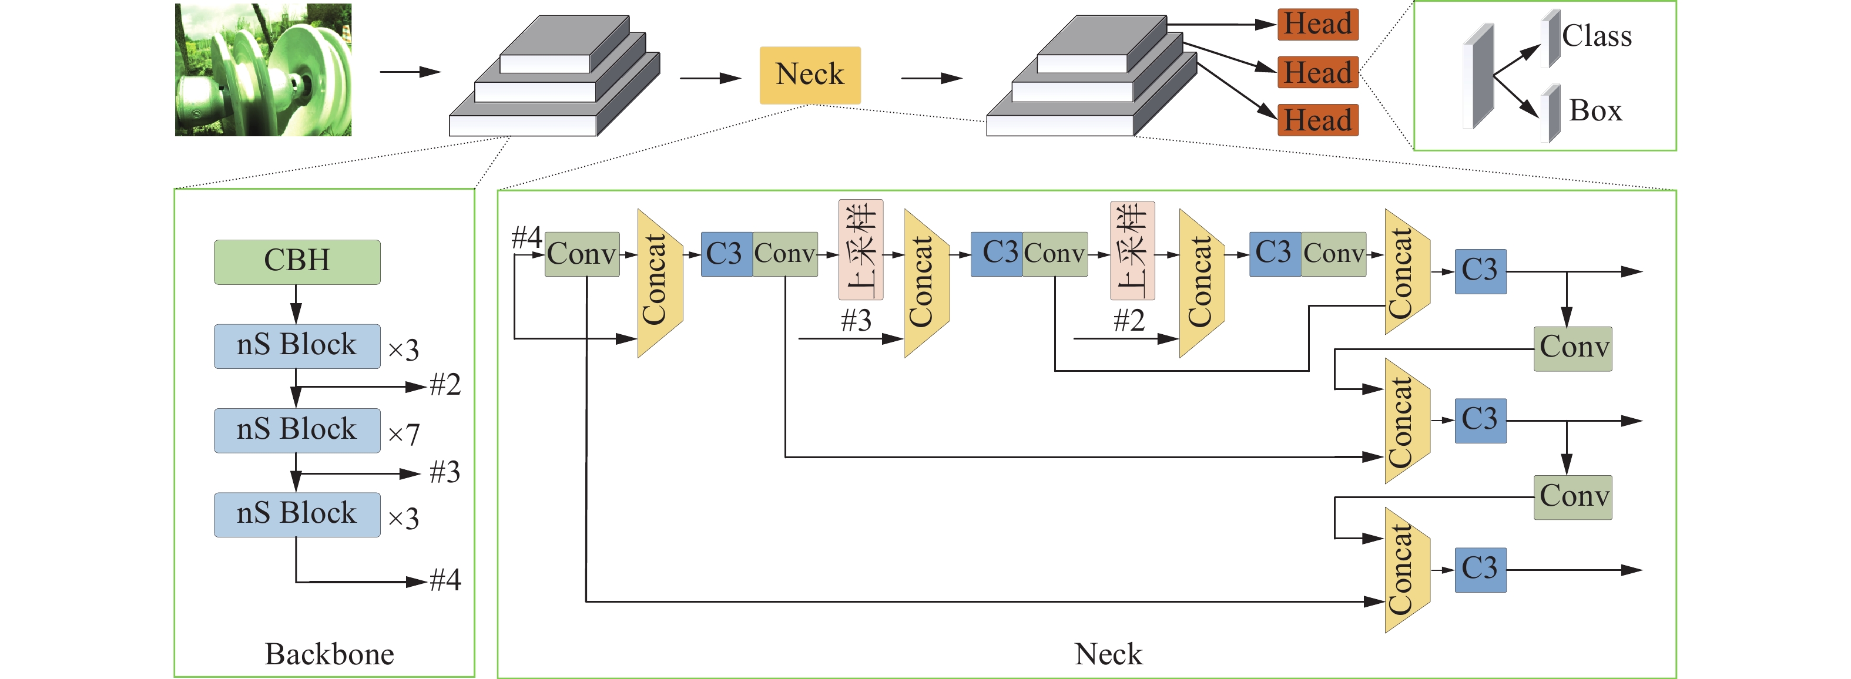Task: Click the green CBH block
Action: [x=297, y=261]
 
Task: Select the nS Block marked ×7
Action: [x=297, y=430]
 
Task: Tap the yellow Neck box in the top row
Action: [x=810, y=75]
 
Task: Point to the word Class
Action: [x=1597, y=36]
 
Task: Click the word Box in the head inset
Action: [x=1595, y=110]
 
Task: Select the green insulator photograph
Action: [x=263, y=70]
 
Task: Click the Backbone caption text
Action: [x=329, y=654]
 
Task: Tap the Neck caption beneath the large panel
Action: [x=1108, y=654]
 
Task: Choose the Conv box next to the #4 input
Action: [x=582, y=254]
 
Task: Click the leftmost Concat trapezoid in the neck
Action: [x=659, y=283]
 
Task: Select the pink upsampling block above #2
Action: [x=1132, y=250]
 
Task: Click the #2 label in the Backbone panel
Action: [x=445, y=385]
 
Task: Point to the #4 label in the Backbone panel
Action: [x=445, y=580]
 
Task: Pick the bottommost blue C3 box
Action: [x=1480, y=569]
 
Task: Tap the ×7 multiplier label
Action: [x=403, y=434]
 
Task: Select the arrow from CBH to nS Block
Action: [x=296, y=304]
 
